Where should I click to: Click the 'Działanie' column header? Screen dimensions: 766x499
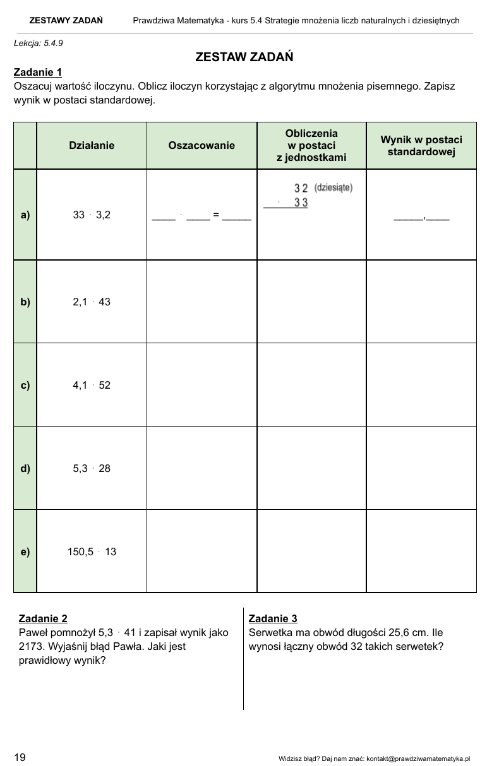click(92, 145)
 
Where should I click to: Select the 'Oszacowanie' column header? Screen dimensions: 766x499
click(201, 145)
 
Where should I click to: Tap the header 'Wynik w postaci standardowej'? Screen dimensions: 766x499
click(421, 146)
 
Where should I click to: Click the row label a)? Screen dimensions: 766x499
click(25, 215)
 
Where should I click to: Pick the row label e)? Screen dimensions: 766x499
click(25, 551)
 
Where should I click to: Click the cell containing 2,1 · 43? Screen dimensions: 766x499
click(92, 302)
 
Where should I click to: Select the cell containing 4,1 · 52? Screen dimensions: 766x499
click(92, 385)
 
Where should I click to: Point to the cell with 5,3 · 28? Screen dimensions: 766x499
click(92, 468)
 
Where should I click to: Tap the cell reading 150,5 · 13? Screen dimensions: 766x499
click(92, 551)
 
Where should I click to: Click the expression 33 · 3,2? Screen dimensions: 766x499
click(92, 215)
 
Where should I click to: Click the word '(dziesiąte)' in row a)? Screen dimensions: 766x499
click(333, 187)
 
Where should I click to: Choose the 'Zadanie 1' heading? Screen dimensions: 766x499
click(37, 72)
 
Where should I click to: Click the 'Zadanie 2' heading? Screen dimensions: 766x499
click(43, 618)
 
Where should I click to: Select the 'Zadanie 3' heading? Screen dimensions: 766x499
click(273, 618)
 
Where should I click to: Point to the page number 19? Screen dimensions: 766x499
click(20, 757)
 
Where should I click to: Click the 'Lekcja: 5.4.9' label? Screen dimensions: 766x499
click(38, 44)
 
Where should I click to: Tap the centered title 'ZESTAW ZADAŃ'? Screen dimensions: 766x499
click(244, 57)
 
